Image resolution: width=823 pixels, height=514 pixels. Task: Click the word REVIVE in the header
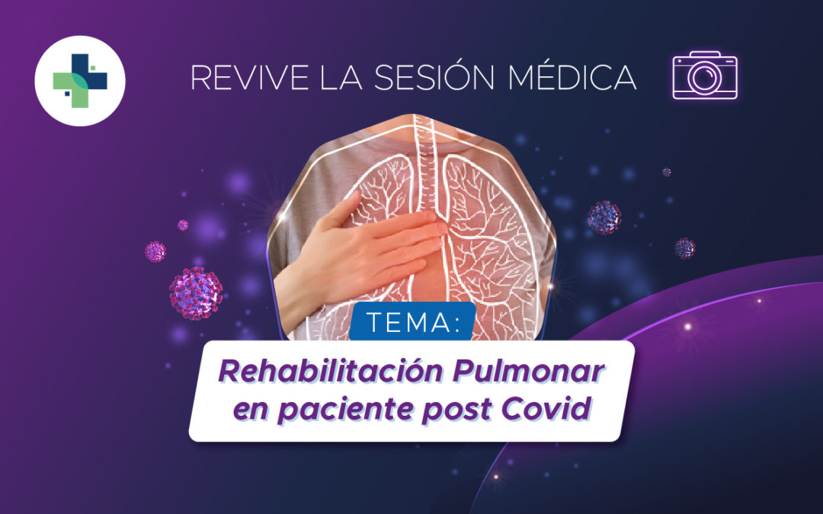coord(250,77)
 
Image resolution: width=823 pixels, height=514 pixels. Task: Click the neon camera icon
coord(705,75)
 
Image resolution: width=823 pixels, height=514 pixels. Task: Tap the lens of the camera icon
coord(705,78)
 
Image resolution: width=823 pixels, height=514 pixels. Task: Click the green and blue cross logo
coord(80,80)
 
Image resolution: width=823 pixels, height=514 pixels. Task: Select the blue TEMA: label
coord(412,321)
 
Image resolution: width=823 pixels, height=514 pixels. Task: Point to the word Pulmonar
coord(528,372)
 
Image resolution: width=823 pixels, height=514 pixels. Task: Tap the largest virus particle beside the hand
coord(196,293)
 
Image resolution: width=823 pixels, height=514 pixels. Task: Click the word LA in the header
coord(341,77)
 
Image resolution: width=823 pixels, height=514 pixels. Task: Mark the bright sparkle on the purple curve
coord(687,327)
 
